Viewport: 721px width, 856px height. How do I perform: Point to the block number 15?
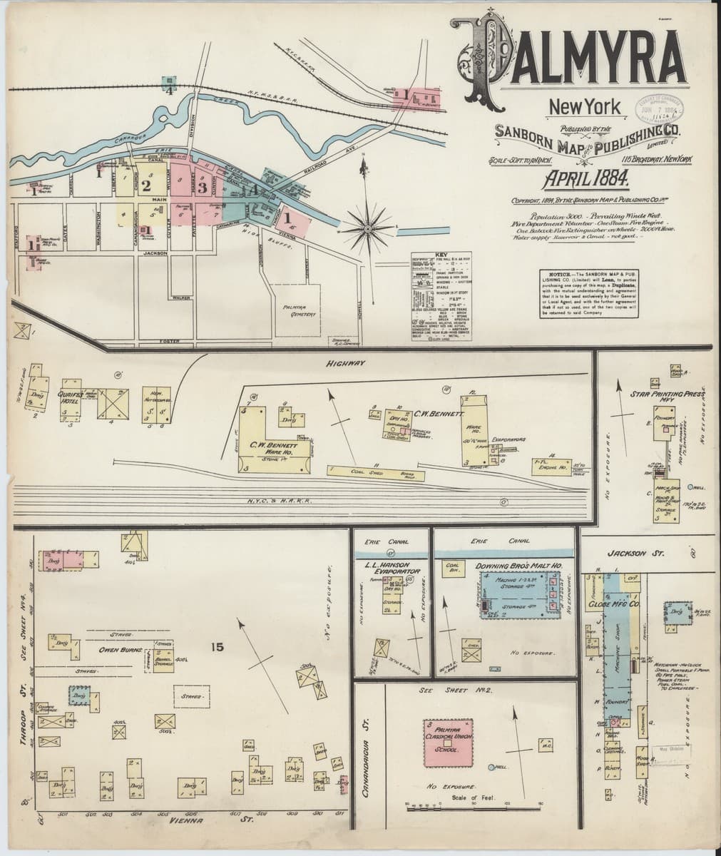pyautogui.click(x=218, y=648)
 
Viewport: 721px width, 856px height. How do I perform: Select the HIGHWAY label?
pyautogui.click(x=346, y=363)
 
